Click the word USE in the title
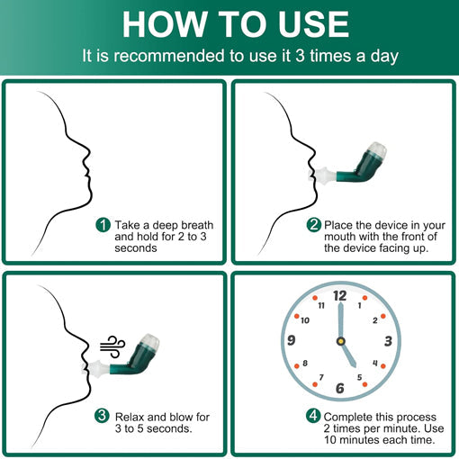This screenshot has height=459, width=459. click(x=313, y=24)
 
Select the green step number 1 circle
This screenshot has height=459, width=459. click(x=103, y=225)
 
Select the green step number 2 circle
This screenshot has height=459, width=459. click(x=314, y=225)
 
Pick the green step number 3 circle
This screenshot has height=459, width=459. click(x=102, y=417)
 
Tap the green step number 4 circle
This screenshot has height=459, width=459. click(x=313, y=417)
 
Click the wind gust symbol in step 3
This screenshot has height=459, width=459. click(x=112, y=346)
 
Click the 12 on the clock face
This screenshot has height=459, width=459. click(x=339, y=296)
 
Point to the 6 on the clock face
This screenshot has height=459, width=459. click(x=340, y=388)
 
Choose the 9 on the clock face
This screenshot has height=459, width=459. click(x=291, y=340)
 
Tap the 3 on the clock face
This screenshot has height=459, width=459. click(x=388, y=341)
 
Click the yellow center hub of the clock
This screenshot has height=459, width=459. click(x=341, y=341)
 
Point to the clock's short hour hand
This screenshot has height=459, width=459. click(x=348, y=355)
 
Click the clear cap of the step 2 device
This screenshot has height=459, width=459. click(x=376, y=150)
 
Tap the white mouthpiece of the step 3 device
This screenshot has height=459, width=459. click(x=94, y=369)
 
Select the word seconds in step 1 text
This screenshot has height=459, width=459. click(x=136, y=248)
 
